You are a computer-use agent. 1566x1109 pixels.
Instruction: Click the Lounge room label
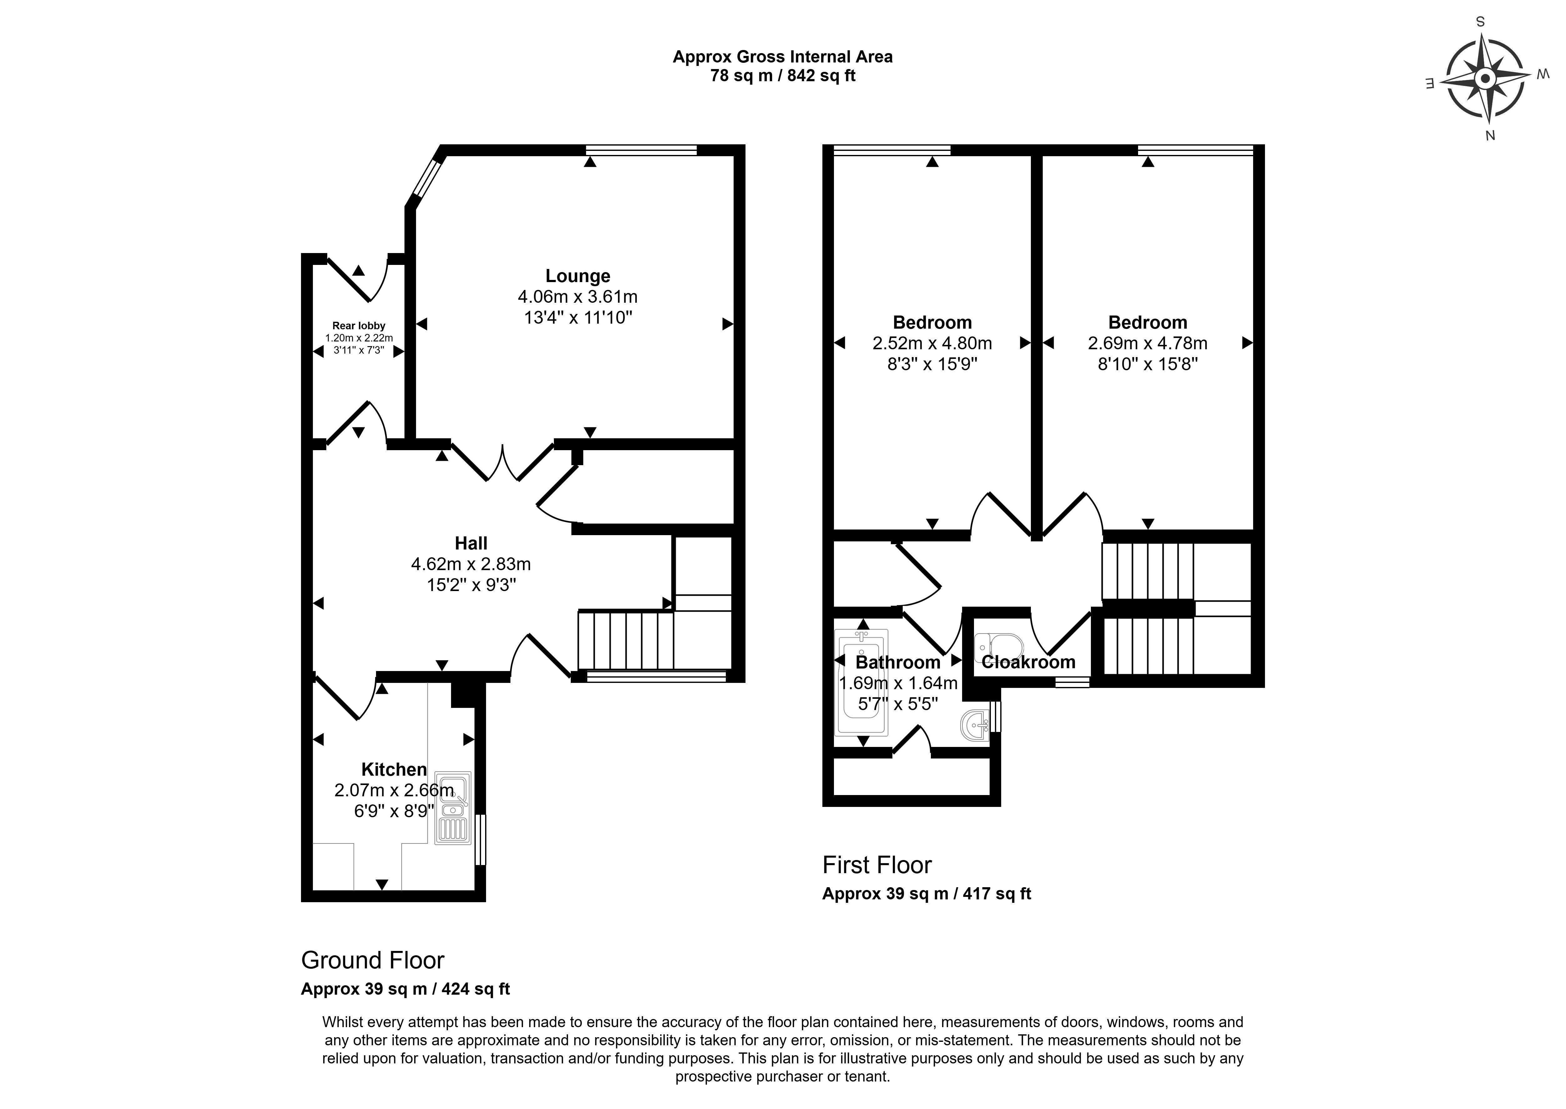577,276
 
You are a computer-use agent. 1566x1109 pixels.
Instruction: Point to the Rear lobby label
359,326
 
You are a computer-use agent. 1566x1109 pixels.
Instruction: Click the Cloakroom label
1028,662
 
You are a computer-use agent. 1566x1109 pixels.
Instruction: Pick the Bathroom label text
898,662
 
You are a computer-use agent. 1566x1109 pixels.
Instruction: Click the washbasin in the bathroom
975,724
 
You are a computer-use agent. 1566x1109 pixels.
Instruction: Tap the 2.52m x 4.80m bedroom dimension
932,344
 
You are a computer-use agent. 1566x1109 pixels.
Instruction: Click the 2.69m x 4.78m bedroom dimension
1148,344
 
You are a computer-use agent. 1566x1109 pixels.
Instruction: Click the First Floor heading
876,865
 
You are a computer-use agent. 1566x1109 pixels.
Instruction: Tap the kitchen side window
480,840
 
